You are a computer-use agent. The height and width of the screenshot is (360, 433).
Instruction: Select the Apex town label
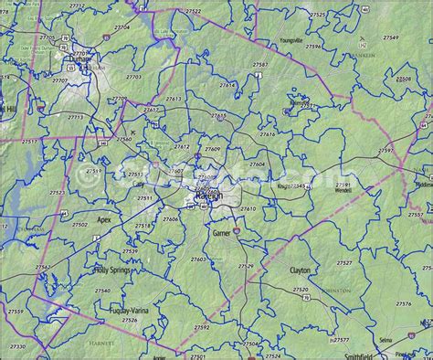pos(103,220)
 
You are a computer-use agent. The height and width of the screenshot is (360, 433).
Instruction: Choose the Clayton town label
pos(300,270)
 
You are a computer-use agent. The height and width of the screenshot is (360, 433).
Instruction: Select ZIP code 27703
pos(134,78)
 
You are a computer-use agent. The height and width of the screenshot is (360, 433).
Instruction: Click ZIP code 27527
pos(344,263)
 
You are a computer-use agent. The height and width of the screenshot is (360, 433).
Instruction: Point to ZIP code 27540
pos(102,291)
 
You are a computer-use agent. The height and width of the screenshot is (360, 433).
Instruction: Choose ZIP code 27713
pos(76,117)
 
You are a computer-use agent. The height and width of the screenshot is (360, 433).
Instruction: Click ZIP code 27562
pos(43,268)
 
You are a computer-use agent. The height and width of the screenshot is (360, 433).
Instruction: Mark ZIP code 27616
pos(268,134)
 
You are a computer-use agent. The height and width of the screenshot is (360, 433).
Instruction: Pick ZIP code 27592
pos(201,327)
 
